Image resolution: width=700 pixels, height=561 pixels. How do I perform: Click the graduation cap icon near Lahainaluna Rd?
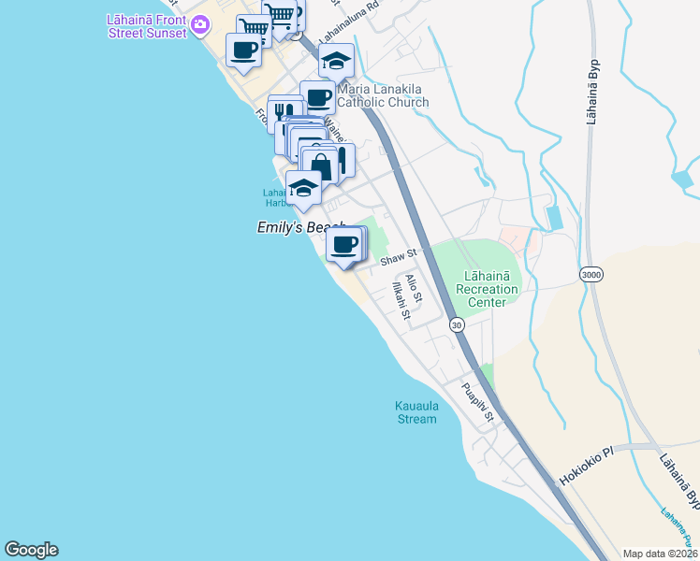coord(335,62)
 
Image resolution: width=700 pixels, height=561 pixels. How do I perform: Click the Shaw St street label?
coord(397,257)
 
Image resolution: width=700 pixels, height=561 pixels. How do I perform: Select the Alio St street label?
coord(415,288)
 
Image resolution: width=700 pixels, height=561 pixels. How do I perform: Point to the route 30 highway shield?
coord(456,324)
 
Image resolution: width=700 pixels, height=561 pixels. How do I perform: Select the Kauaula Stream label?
coord(416,412)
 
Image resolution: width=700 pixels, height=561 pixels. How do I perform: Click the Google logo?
coord(32,550)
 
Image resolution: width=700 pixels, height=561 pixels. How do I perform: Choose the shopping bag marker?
coord(321,166)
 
